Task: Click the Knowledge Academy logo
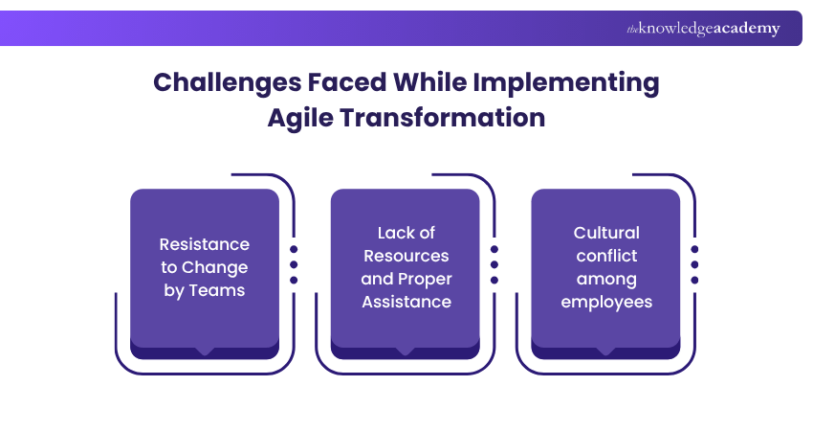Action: [x=703, y=29]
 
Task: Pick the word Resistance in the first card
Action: [x=205, y=244]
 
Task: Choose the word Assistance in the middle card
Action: [x=406, y=302]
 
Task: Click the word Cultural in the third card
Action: [x=606, y=233]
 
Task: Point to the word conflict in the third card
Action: [x=606, y=256]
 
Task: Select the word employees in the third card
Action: [x=606, y=302]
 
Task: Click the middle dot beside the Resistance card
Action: [x=294, y=264]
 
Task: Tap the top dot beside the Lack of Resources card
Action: [x=494, y=249]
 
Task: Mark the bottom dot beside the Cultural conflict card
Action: [x=695, y=280]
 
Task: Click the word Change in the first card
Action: [x=216, y=267]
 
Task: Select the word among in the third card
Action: [x=606, y=279]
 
